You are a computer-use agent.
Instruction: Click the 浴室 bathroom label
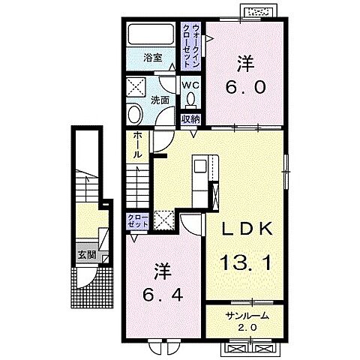tap(153, 58)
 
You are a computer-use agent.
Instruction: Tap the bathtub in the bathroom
tap(151, 34)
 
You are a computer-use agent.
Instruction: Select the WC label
tap(190, 85)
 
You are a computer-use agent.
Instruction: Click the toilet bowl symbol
tap(191, 100)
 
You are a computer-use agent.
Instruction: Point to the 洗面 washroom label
tap(160, 100)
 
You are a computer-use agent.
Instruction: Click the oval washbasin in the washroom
tap(135, 114)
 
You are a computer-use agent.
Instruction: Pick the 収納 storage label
tap(190, 120)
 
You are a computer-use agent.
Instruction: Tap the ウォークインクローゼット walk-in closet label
tap(191, 46)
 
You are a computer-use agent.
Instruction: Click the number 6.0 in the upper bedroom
tap(245, 88)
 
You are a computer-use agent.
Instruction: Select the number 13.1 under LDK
tap(246, 262)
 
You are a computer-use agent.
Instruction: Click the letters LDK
tap(247, 229)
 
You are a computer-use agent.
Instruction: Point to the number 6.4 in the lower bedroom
tap(163, 295)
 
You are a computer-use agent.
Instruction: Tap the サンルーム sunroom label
tap(247, 316)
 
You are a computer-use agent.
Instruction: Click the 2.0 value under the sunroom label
tap(247, 327)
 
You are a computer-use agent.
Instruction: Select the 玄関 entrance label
tap(87, 255)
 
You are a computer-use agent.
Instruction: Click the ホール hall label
tap(136, 145)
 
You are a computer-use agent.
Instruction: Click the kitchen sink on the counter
tap(200, 166)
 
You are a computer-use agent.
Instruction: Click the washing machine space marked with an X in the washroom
tap(136, 87)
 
